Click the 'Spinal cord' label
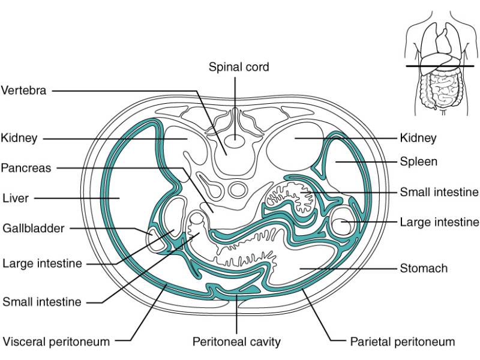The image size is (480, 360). pos(239,67)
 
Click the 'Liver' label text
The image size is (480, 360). pos(16,197)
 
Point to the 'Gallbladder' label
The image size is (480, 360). pos(34,228)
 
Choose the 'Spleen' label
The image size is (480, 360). pos(419,161)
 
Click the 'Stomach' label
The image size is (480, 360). pos(424,268)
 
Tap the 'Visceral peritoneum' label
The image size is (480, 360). pos(56,341)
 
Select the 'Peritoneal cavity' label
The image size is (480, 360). pos(236,341)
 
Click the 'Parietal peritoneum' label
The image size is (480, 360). pos(403,341)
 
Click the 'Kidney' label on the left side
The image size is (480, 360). pos(19,138)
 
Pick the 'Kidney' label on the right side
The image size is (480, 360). pos(418,138)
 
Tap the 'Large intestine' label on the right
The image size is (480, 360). pos(439,222)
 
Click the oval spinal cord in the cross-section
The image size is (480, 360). pos(235,142)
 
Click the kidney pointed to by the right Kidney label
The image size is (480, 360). pos(294,144)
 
